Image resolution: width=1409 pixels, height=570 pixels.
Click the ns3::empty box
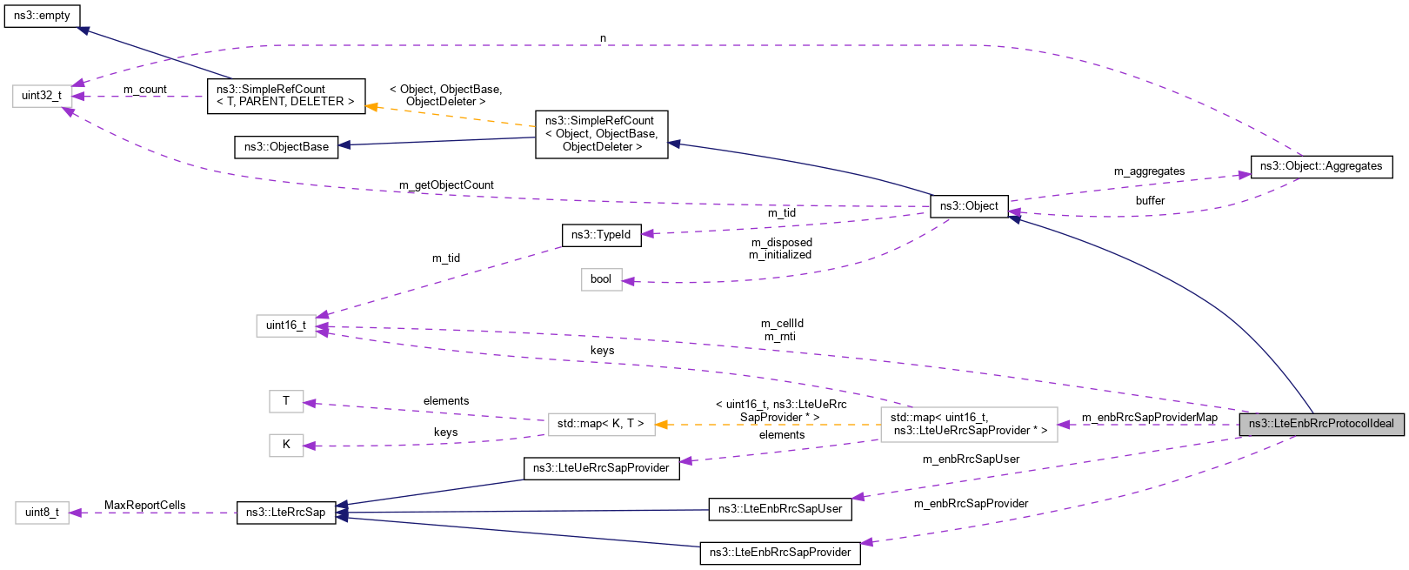click(x=42, y=16)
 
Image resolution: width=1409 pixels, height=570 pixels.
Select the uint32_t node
click(x=42, y=96)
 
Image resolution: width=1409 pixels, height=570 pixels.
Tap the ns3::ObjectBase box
click(x=286, y=146)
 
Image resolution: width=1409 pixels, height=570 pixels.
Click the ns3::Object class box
click(x=969, y=206)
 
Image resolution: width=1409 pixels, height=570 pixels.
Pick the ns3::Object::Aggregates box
click(x=1320, y=166)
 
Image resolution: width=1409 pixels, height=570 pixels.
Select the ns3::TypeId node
click(x=601, y=235)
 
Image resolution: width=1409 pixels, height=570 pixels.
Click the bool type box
click(x=601, y=279)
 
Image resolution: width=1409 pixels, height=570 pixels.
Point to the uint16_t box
click(x=286, y=325)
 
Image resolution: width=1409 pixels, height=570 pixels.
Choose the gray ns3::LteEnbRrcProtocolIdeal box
click(x=1320, y=424)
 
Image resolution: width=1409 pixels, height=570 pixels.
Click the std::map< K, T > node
click(x=601, y=424)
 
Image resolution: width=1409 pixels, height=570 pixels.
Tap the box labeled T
click(x=286, y=401)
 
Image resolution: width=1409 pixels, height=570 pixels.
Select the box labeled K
click(x=286, y=445)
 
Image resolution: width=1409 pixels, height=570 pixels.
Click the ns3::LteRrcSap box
click(x=286, y=513)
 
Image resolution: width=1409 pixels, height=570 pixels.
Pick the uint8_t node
click(x=42, y=513)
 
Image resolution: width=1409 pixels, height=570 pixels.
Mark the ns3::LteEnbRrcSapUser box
click(x=780, y=509)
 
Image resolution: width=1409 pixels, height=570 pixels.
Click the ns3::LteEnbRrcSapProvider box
click(x=780, y=553)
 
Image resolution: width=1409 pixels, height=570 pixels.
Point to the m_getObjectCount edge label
click(x=446, y=185)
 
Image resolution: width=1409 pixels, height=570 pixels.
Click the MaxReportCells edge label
click(x=145, y=506)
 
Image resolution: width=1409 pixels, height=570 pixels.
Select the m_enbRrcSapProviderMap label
click(x=1149, y=418)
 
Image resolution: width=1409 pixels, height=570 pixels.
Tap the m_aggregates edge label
click(x=1149, y=171)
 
